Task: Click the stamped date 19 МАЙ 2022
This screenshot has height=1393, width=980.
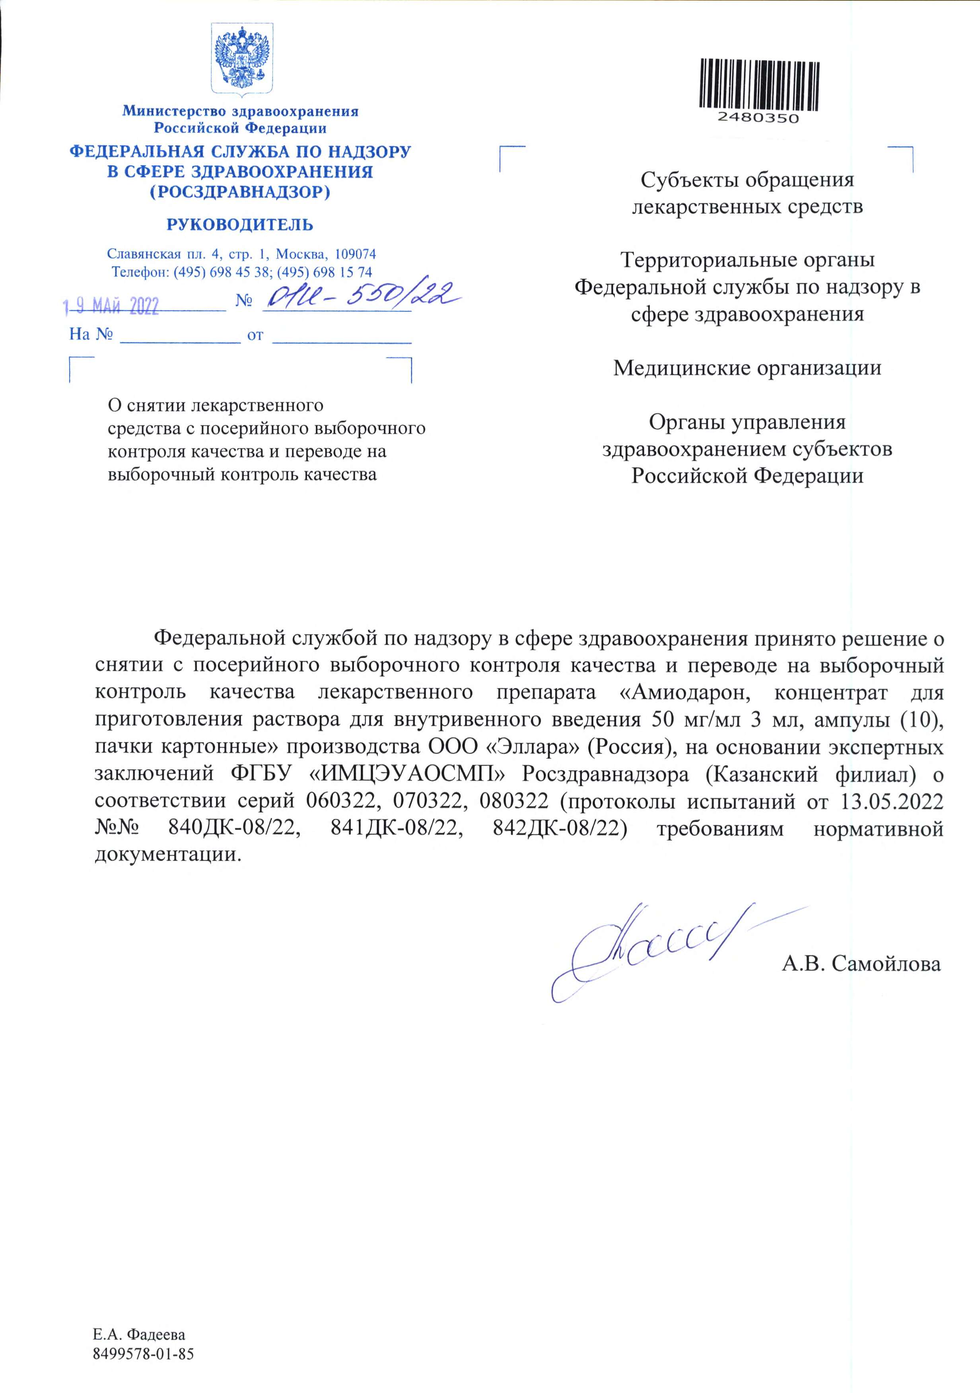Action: click(112, 306)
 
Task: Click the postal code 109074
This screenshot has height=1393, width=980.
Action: click(356, 253)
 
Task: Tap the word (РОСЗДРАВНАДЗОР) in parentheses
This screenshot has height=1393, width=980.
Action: click(240, 192)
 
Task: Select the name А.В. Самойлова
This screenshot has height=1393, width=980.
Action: click(861, 963)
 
